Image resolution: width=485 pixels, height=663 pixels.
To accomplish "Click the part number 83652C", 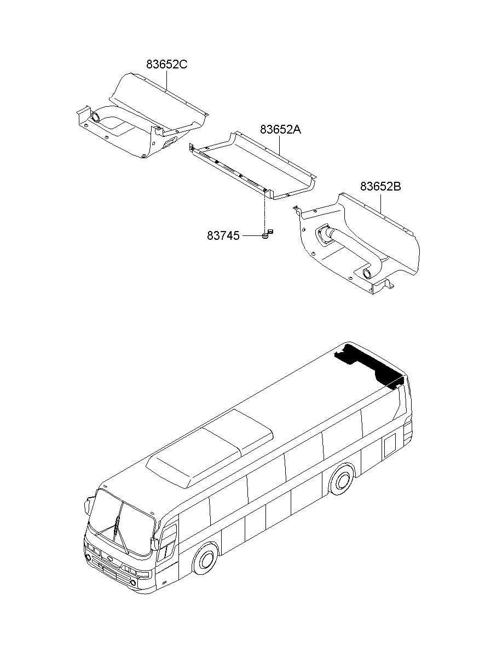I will point(166,64).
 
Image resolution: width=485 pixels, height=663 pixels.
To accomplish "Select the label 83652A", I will point(280,130).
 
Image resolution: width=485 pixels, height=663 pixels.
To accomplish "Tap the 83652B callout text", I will point(380,186).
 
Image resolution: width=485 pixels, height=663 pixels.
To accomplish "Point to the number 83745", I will point(223,235).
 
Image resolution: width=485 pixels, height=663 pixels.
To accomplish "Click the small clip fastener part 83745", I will point(267,234).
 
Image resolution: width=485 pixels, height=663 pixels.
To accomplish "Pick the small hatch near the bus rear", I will point(389,446).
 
